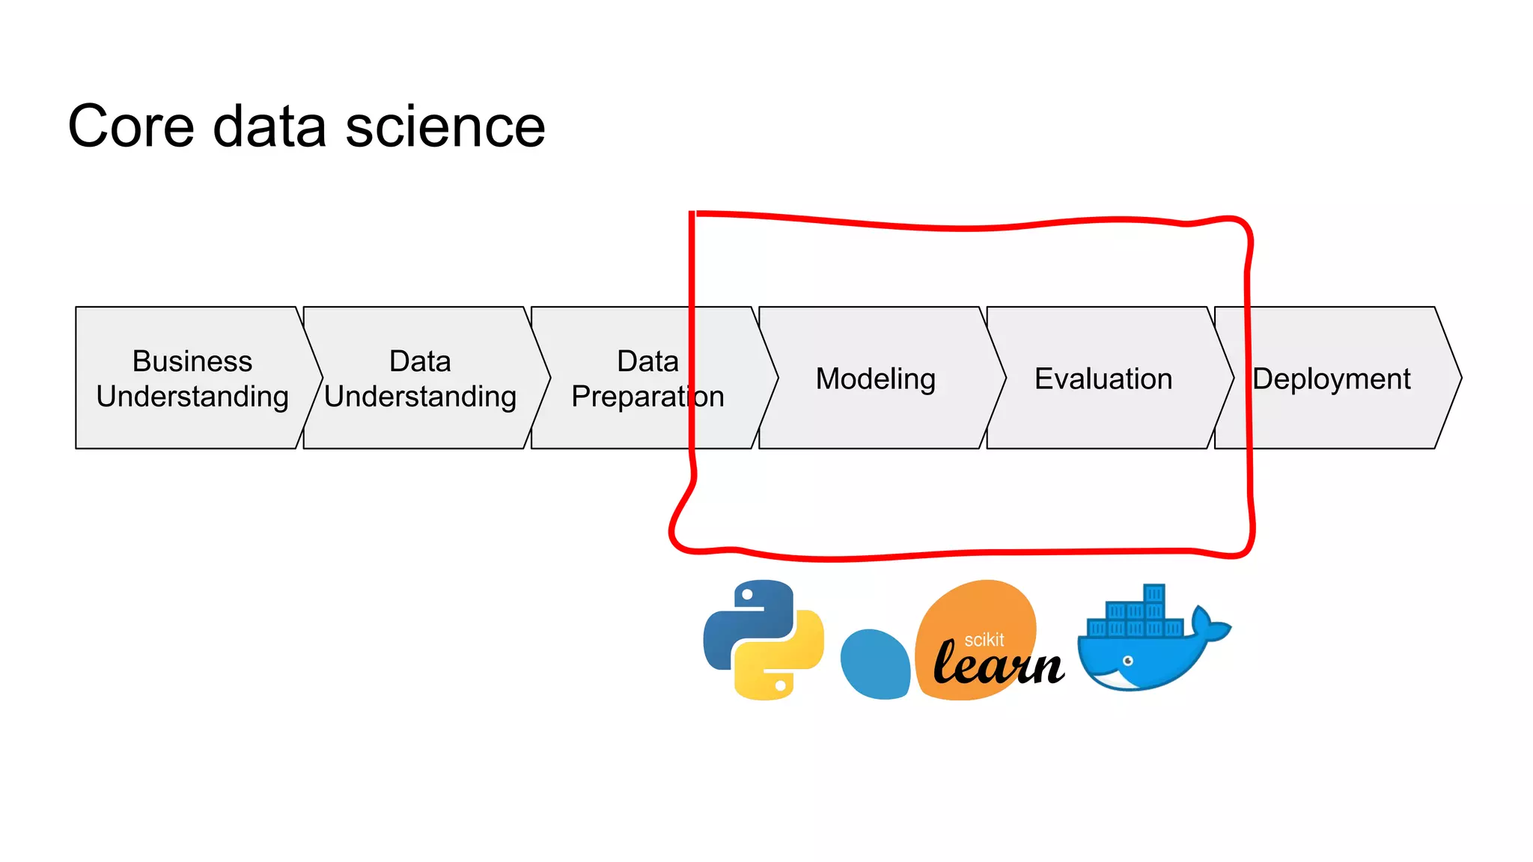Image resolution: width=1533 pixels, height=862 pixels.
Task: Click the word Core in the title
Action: tap(131, 126)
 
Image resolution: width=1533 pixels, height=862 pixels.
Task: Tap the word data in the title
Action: tap(269, 126)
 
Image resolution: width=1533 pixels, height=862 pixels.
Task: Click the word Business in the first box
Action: tap(192, 361)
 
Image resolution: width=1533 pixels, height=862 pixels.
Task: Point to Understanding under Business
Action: tap(192, 397)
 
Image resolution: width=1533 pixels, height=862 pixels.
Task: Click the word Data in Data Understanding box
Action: tap(420, 361)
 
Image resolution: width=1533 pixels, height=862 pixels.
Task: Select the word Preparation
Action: tap(647, 397)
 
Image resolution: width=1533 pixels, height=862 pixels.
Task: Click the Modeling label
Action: tap(875, 379)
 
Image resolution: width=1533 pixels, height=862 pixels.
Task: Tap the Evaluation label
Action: tap(1103, 379)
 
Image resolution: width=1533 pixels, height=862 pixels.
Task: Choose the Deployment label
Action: tap(1332, 379)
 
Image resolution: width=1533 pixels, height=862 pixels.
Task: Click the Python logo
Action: tap(764, 640)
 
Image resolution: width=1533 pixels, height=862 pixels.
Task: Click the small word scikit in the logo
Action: tap(984, 640)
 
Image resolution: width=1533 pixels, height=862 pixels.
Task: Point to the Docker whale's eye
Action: tap(1128, 661)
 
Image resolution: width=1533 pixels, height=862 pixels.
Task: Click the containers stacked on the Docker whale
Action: tap(1136, 618)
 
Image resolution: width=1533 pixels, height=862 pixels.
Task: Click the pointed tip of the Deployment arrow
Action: tap(1460, 378)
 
